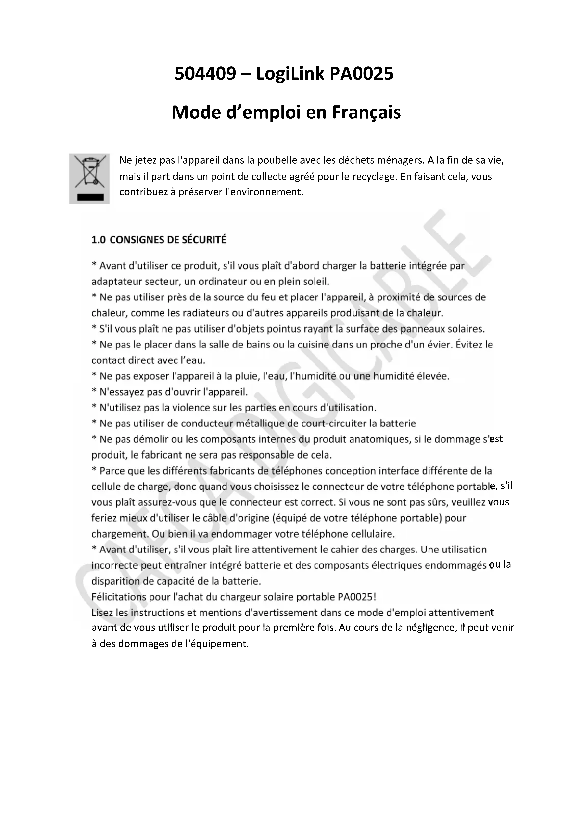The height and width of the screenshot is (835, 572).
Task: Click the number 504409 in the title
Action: (205, 74)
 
